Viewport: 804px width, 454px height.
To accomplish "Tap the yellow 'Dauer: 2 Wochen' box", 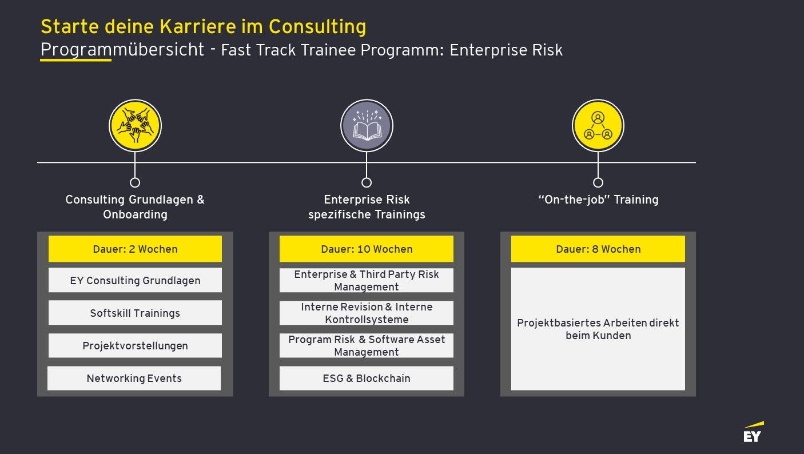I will pyautogui.click(x=135, y=249).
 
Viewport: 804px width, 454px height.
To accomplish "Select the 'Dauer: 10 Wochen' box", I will pyautogui.click(x=367, y=249).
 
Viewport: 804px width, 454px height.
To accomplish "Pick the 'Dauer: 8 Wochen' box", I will pyautogui.click(x=598, y=249).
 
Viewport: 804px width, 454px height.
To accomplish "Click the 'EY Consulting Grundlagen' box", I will pyautogui.click(x=135, y=280).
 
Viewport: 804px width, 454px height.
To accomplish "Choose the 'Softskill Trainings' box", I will pyautogui.click(x=135, y=313).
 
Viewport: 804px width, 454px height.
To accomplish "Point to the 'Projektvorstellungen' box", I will pyautogui.click(x=135, y=345).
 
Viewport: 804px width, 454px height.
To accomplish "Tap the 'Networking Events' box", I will pyautogui.click(x=134, y=378).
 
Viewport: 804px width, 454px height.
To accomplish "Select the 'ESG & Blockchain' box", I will pyautogui.click(x=367, y=378).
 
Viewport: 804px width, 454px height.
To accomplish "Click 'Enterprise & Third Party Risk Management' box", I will pyautogui.click(x=367, y=280).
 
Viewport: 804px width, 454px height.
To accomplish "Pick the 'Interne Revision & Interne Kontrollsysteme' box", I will pyautogui.click(x=367, y=313).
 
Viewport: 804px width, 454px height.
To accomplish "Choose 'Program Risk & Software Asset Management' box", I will pyautogui.click(x=367, y=345).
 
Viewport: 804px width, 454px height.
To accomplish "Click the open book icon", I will pyautogui.click(x=367, y=126).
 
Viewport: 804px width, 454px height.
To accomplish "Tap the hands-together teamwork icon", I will pyautogui.click(x=135, y=126).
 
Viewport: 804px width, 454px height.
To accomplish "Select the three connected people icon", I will pyautogui.click(x=598, y=126).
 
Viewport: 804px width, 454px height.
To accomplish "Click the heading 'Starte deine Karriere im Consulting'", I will pyautogui.click(x=204, y=27).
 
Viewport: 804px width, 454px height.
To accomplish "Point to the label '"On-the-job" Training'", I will pyautogui.click(x=598, y=200).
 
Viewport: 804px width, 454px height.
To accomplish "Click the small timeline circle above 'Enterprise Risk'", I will pyautogui.click(x=367, y=182).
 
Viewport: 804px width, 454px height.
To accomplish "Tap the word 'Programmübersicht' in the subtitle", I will pyautogui.click(x=122, y=50).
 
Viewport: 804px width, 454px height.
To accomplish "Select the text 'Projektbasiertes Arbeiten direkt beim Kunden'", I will pyautogui.click(x=598, y=329).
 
